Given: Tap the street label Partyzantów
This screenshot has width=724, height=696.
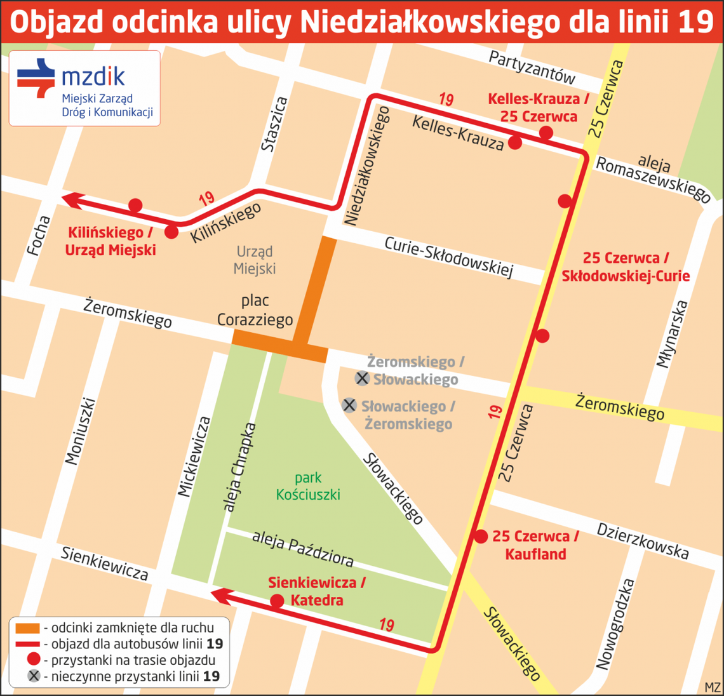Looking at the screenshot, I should click(x=532, y=67).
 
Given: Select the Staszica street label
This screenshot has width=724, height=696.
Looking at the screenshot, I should click(x=275, y=124).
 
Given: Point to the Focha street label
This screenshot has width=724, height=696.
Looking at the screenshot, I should click(x=39, y=236).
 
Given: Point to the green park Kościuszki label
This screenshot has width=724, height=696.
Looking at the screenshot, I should click(x=308, y=486).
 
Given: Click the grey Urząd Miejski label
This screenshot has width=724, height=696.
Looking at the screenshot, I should click(x=254, y=260).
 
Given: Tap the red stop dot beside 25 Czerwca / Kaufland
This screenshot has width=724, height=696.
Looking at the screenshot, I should click(x=480, y=537).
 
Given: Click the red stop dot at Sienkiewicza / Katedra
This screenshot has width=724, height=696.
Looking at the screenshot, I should click(x=277, y=601).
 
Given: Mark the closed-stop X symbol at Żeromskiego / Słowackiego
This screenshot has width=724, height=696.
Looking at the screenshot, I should click(x=362, y=379).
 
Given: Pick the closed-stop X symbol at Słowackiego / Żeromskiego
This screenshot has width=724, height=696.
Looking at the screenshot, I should click(x=349, y=405).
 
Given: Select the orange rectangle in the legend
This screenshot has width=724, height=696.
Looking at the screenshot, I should click(x=27, y=627).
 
